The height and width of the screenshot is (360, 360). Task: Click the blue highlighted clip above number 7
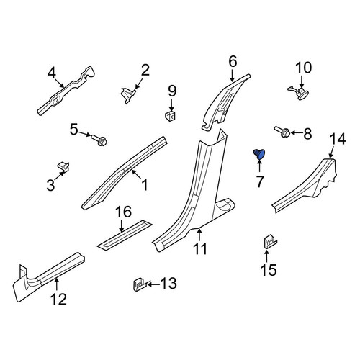(259, 154)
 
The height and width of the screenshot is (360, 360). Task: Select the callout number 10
(304, 68)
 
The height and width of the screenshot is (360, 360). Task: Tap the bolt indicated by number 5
(99, 140)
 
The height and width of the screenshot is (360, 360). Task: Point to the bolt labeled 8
(282, 132)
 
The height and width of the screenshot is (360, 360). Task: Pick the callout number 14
(338, 139)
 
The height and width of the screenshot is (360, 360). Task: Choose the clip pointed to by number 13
(139, 284)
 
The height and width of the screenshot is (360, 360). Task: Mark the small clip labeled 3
(63, 166)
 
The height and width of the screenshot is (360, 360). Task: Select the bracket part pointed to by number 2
(127, 95)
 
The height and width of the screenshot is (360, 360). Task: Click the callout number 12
(58, 299)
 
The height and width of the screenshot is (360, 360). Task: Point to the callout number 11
(200, 248)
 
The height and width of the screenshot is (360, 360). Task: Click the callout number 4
(52, 73)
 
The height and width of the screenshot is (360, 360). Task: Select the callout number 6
(233, 61)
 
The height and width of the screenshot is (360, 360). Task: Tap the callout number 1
(145, 184)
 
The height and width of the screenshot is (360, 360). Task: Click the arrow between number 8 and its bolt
(296, 132)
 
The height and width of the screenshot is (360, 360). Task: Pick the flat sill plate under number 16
(125, 233)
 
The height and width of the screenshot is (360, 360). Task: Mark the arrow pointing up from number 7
(259, 165)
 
